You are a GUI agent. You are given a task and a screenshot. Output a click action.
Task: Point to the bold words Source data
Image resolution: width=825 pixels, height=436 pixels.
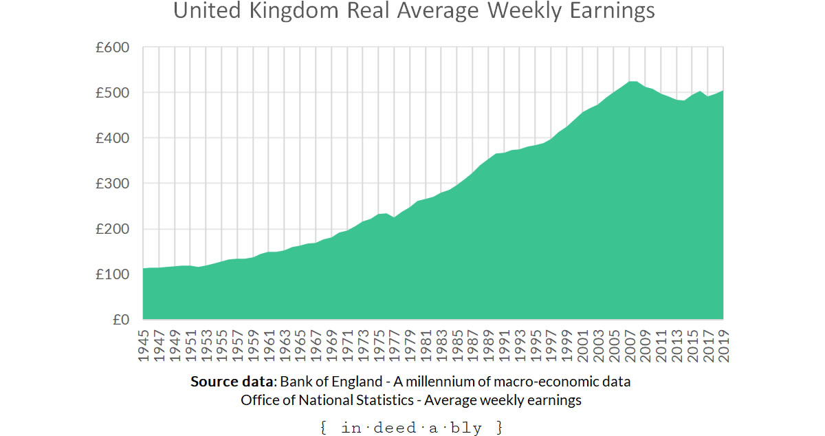[232, 382]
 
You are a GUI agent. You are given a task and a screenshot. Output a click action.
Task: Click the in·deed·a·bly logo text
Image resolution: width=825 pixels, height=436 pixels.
[412, 428]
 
